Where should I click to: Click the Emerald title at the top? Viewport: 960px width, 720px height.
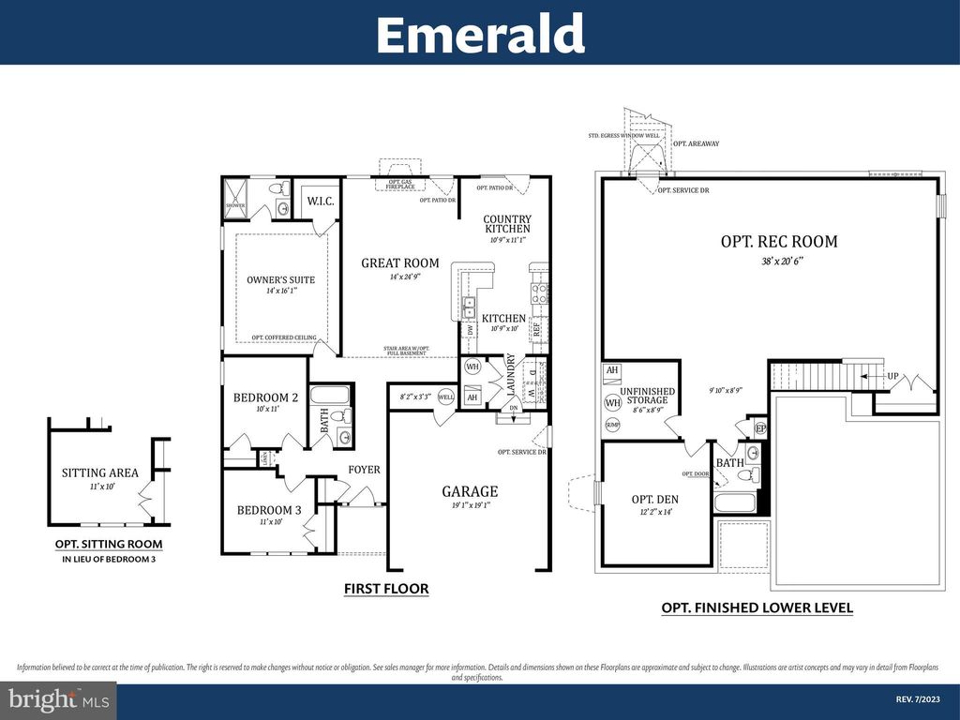click(x=480, y=34)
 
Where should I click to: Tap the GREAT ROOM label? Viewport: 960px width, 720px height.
click(x=400, y=262)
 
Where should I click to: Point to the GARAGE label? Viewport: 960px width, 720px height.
click(x=470, y=491)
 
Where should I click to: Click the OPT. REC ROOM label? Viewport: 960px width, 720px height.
click(x=778, y=241)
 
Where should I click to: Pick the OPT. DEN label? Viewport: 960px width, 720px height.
click(x=654, y=499)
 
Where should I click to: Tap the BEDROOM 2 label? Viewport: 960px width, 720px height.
click(x=265, y=397)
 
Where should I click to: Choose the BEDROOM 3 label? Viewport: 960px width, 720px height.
click(x=269, y=510)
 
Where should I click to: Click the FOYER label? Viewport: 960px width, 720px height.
click(x=365, y=469)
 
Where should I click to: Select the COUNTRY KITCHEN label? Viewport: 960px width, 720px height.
click(x=507, y=224)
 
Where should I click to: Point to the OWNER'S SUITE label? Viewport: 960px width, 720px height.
click(x=281, y=279)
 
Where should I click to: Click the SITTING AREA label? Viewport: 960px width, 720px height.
click(x=100, y=472)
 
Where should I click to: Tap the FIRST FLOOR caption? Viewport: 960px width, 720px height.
click(x=386, y=589)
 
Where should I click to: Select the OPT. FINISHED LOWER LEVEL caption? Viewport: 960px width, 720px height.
click(x=757, y=607)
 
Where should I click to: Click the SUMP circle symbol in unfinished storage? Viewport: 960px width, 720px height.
click(x=613, y=425)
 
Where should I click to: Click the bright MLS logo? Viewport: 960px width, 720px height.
click(x=58, y=699)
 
